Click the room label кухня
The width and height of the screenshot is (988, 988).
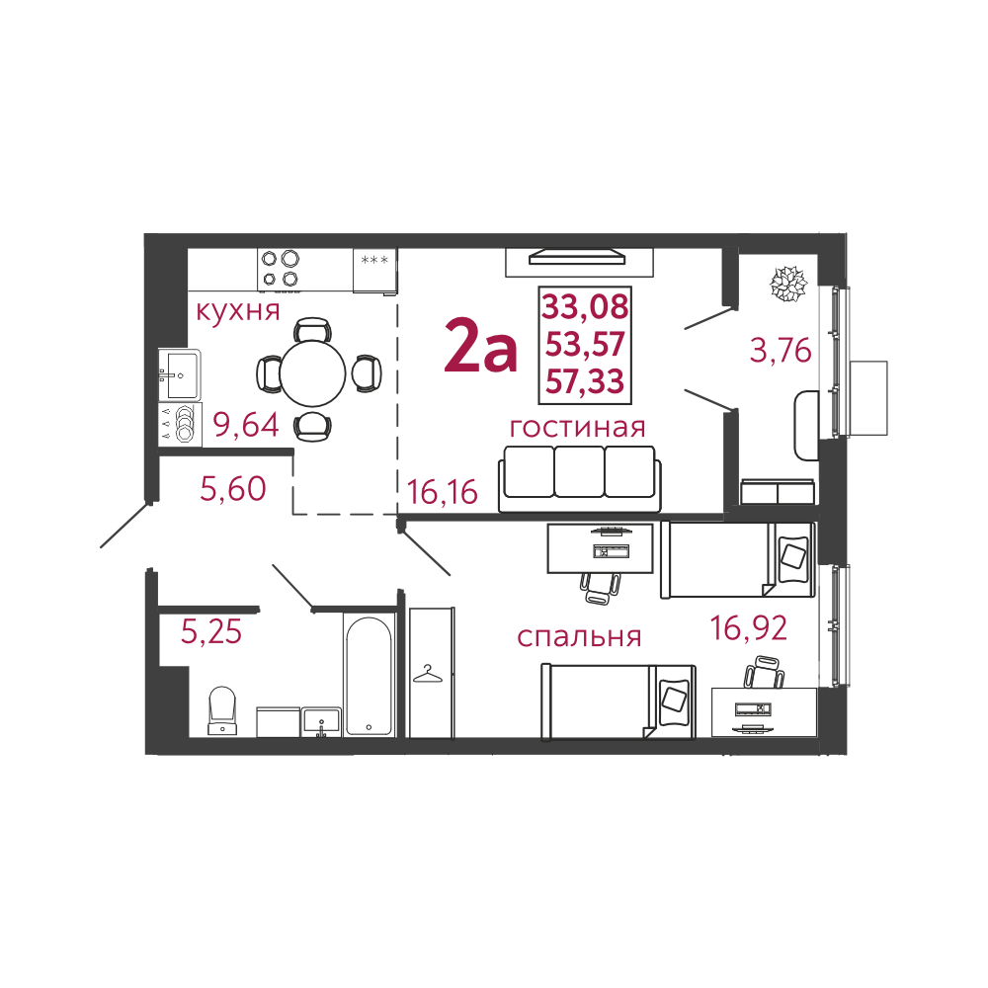[238, 311]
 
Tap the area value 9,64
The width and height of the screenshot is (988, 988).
[247, 426]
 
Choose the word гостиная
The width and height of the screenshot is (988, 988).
[577, 427]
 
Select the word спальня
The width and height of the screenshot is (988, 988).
[579, 636]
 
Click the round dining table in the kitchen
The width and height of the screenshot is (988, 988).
[313, 372]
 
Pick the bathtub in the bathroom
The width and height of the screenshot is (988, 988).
[370, 677]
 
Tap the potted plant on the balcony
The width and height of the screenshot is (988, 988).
[788, 284]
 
